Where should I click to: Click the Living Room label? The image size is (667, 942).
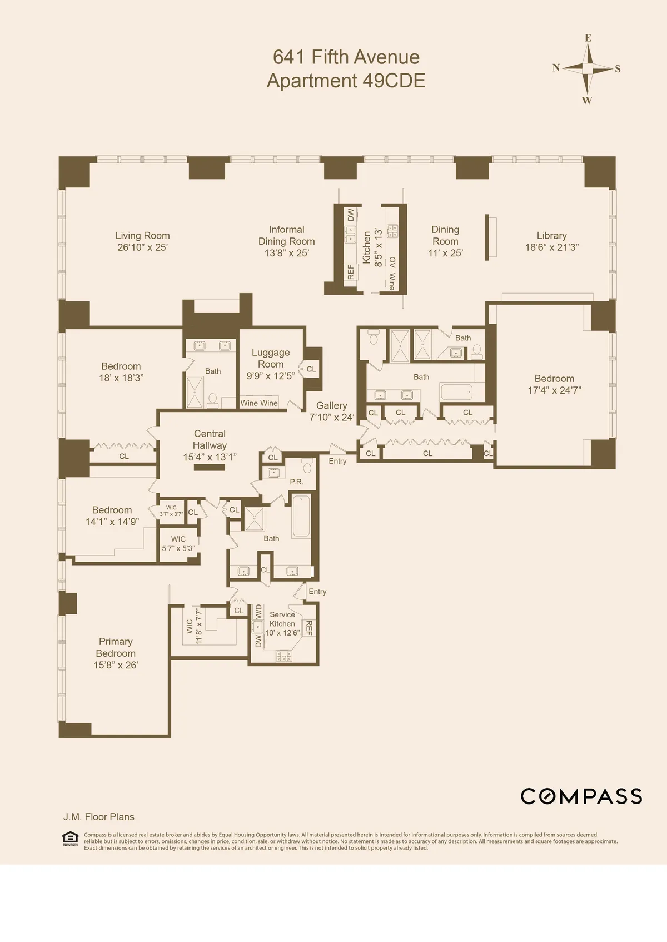[142, 236]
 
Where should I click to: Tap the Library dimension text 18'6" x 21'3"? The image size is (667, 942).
[551, 247]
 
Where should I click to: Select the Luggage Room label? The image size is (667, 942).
[271, 358]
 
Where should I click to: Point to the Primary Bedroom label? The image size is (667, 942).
[116, 647]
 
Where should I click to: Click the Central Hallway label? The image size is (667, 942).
[210, 439]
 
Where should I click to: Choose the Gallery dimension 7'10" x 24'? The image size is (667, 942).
[332, 418]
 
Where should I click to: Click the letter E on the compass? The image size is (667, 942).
[588, 38]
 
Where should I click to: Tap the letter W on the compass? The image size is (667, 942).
[587, 101]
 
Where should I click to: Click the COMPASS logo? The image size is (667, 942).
[581, 796]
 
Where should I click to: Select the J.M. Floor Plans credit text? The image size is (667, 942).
[99, 817]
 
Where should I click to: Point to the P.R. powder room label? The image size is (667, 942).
[296, 482]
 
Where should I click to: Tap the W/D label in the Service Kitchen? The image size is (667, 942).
[258, 612]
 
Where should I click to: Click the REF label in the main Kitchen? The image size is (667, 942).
[351, 272]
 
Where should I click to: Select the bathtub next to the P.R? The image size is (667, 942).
[301, 516]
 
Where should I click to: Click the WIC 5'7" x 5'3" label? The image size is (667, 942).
[178, 543]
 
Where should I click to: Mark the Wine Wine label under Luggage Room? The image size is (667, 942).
[259, 403]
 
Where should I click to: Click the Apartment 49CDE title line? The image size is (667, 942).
[346, 81]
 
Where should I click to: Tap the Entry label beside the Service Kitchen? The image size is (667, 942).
[317, 592]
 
